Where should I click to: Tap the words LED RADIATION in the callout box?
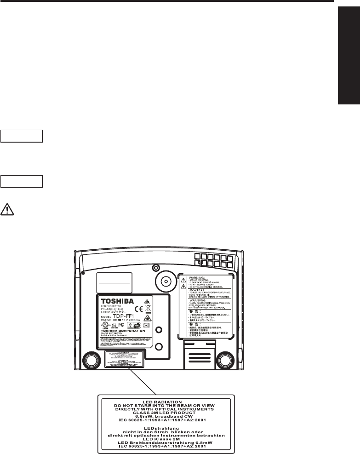pos(166,401)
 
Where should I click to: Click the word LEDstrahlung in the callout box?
pos(166,428)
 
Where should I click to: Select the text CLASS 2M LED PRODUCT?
pos(166,412)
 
